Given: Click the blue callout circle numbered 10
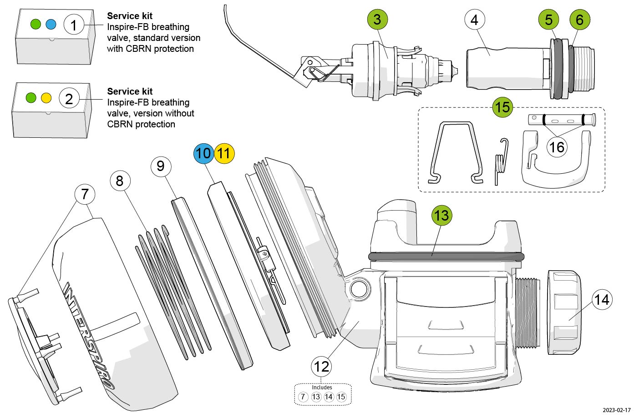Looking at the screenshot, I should pyautogui.click(x=203, y=153).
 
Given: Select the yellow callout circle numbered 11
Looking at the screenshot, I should pyautogui.click(x=223, y=153).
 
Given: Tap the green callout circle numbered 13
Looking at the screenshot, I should pyautogui.click(x=441, y=215).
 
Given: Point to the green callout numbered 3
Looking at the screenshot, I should pyautogui.click(x=377, y=20).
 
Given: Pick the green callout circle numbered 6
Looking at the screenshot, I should pyautogui.click(x=579, y=20).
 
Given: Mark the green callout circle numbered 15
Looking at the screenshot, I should pyautogui.click(x=502, y=107).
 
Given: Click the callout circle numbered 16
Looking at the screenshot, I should pyautogui.click(x=557, y=147).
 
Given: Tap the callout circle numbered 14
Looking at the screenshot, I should pyautogui.click(x=602, y=300).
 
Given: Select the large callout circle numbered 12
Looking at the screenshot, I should pyautogui.click(x=322, y=366).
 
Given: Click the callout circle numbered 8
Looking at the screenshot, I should pyautogui.click(x=120, y=181).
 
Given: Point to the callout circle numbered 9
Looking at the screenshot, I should pyautogui.click(x=161, y=166).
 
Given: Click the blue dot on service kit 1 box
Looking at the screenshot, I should pyautogui.click(x=51, y=24).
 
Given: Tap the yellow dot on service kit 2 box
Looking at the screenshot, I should pyautogui.click(x=46, y=98).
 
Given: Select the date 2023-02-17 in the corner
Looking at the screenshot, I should pyautogui.click(x=617, y=410).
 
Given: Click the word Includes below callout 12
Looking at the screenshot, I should pyautogui.click(x=322, y=388).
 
